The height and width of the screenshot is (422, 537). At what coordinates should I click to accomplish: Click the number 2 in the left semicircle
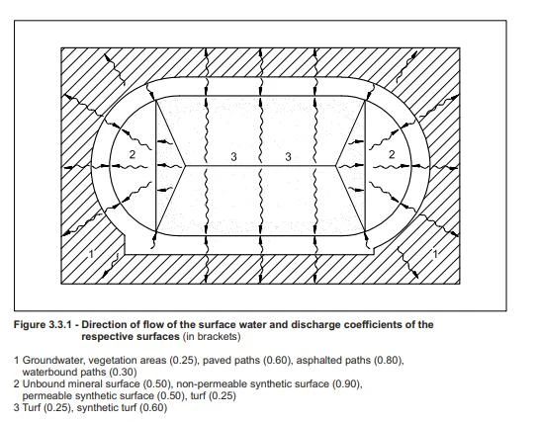point(133,155)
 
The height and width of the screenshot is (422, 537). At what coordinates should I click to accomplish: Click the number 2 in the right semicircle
point(392,155)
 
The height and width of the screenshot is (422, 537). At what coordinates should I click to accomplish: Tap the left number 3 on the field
point(233,157)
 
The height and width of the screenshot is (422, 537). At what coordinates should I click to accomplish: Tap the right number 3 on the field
point(288,157)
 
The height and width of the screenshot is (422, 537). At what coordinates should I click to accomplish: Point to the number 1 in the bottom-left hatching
point(91,254)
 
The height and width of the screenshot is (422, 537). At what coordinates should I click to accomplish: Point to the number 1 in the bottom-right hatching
point(435,254)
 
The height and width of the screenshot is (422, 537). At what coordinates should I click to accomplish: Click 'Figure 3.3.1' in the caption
point(43,324)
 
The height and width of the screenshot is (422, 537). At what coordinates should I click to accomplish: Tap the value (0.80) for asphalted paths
point(389,361)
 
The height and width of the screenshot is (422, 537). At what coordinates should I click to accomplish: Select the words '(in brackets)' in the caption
point(212,336)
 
